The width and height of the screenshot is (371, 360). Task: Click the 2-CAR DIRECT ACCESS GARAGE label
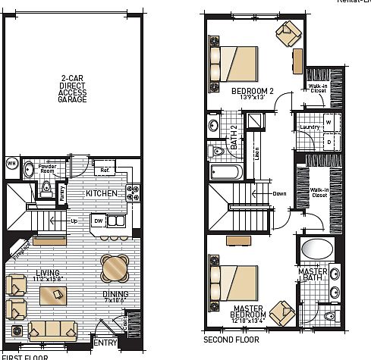tap(73, 88)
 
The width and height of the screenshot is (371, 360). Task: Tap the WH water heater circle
tap(11, 162)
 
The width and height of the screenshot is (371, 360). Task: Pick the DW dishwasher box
tap(97, 220)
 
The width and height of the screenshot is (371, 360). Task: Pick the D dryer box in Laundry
tap(329, 140)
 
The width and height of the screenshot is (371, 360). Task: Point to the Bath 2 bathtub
tap(227, 172)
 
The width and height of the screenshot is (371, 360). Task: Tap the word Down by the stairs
tap(279, 193)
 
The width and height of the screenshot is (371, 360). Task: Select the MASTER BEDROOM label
tap(250, 310)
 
